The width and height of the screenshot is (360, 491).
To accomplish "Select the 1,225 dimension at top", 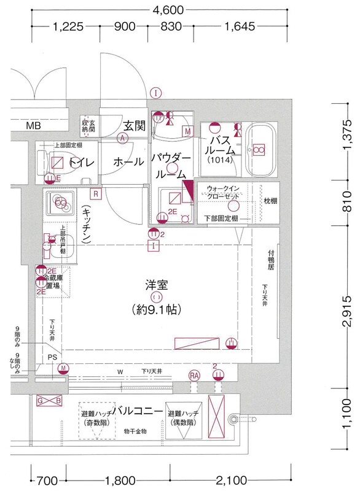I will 68,26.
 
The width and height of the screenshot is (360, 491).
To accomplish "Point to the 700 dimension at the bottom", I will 46,480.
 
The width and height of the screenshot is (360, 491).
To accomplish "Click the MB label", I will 34,126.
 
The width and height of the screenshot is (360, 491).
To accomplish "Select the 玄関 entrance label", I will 134,126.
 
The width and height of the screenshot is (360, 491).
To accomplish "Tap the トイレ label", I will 80,163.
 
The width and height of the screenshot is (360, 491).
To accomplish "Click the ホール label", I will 128,162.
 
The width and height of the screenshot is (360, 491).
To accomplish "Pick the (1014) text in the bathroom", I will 218,160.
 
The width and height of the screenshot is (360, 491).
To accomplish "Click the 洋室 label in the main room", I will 157,285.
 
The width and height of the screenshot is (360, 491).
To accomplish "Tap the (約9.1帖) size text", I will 156,310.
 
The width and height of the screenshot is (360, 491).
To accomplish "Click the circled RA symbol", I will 195,375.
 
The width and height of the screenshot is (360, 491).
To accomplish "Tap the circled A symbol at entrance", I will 123,139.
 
